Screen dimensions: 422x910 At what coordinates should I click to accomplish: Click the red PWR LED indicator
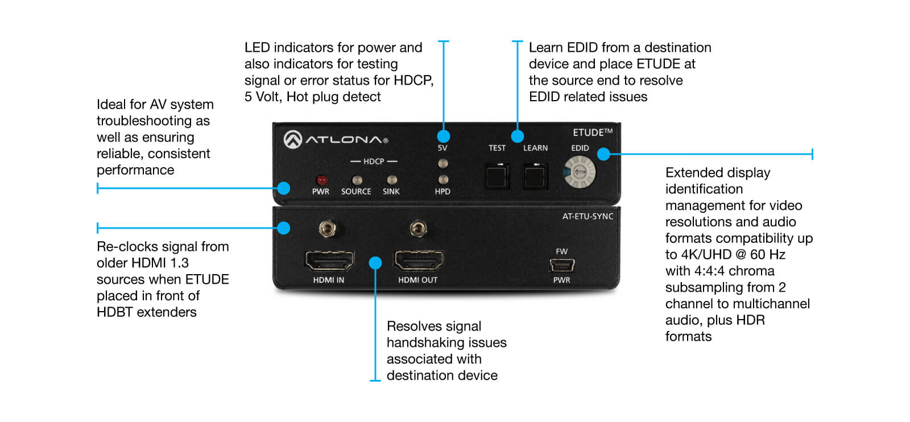pyautogui.click(x=321, y=180)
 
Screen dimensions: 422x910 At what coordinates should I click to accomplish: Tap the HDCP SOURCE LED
pyautogui.click(x=357, y=180)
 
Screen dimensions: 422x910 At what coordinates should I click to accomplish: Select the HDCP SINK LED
pyautogui.click(x=391, y=180)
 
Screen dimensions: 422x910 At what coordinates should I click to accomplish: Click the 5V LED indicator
pyautogui.click(x=442, y=164)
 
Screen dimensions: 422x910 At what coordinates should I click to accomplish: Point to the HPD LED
pyautogui.click(x=442, y=180)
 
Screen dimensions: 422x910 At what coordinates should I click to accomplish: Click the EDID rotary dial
pyautogui.click(x=579, y=172)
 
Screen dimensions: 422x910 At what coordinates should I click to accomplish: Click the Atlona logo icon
pyautogui.click(x=293, y=139)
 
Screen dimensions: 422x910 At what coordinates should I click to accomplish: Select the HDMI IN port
pyautogui.click(x=329, y=261)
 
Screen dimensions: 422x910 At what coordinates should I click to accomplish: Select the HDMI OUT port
pyautogui.click(x=419, y=261)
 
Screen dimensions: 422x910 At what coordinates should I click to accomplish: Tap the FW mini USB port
pyautogui.click(x=562, y=265)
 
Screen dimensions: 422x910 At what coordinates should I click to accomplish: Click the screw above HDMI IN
pyautogui.click(x=326, y=229)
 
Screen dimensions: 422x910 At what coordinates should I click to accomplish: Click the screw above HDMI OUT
pyautogui.click(x=418, y=229)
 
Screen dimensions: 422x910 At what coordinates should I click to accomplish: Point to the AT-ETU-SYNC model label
pyautogui.click(x=588, y=216)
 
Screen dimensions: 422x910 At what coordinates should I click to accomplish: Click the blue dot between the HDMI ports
pyautogui.click(x=375, y=263)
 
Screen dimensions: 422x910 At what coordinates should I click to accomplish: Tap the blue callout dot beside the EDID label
pyautogui.click(x=603, y=154)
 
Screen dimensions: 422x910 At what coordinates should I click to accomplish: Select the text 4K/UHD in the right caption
pyautogui.click(x=706, y=254)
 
